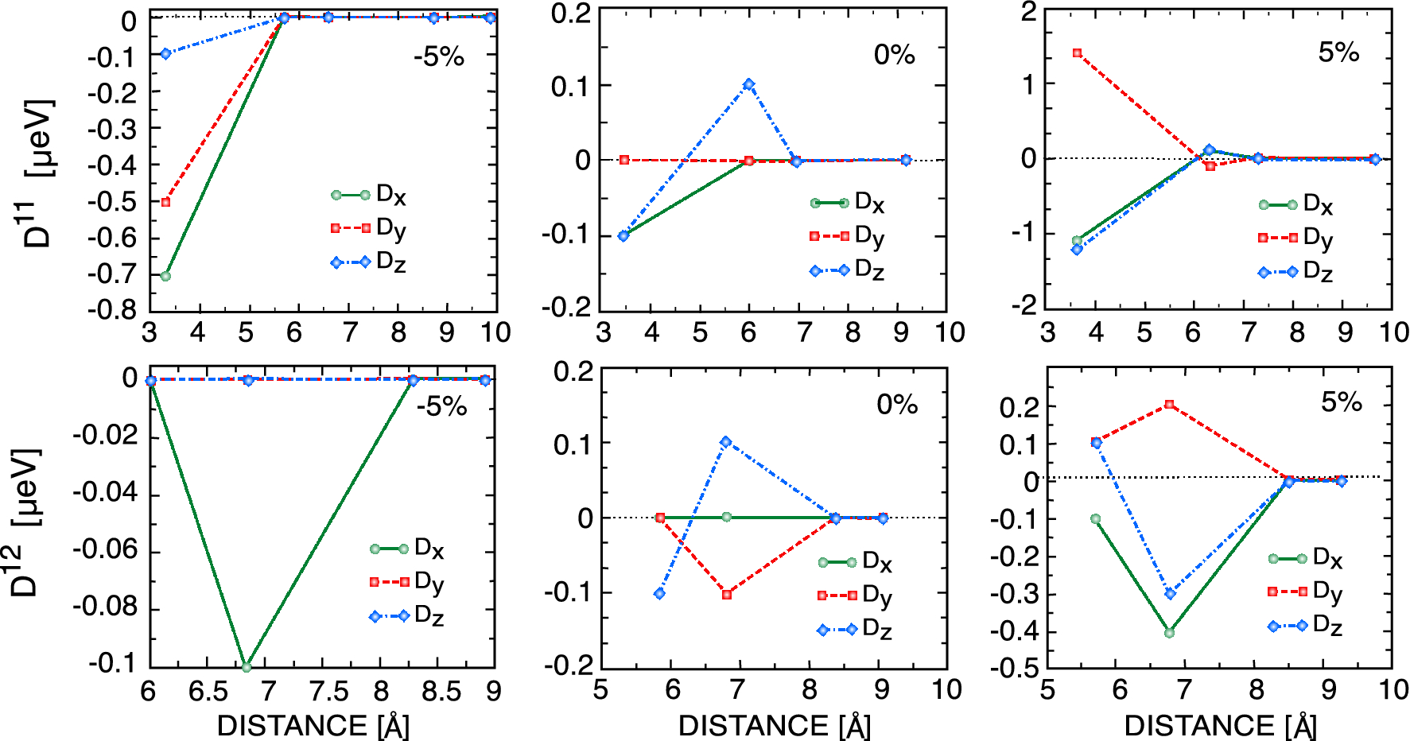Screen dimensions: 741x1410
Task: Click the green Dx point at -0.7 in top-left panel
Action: click(165, 276)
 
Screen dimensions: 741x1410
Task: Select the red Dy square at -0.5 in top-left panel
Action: click(165, 202)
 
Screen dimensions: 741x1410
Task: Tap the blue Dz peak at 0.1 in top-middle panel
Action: click(749, 84)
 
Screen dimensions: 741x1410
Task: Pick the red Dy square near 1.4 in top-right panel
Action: click(1077, 53)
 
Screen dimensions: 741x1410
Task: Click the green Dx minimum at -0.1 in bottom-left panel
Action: click(247, 667)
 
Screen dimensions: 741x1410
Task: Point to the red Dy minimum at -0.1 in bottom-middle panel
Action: click(727, 594)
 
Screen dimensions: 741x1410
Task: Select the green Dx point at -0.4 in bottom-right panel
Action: click(1169, 633)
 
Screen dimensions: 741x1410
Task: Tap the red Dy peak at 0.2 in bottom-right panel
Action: click(1169, 405)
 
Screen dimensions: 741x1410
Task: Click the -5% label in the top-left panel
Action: click(438, 57)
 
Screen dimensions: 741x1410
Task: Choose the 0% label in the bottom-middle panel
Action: click(896, 405)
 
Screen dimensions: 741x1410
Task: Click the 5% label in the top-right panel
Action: click(1338, 52)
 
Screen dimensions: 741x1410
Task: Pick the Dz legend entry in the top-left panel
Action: click(370, 262)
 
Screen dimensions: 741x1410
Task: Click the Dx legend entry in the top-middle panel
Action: click(848, 203)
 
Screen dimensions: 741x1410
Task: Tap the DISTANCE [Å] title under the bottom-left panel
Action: click(313, 725)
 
